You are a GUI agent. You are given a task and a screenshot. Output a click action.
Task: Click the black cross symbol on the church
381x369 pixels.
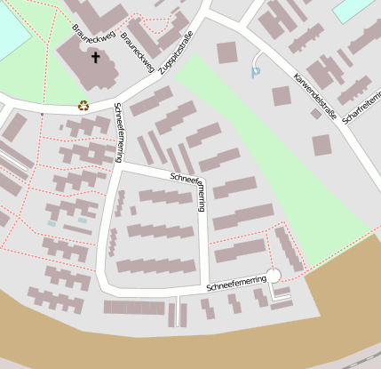coord(96,58)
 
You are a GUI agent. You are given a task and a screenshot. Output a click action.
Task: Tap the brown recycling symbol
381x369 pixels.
coord(83,105)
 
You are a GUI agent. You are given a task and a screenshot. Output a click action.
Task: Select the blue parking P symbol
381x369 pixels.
coord(257,72)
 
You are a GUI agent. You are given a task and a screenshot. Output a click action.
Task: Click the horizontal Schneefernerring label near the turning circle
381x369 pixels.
coord(236,285)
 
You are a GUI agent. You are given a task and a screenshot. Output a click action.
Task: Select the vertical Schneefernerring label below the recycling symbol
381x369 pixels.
coord(118,133)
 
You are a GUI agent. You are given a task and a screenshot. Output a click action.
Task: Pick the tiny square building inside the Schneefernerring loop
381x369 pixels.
coord(133,211)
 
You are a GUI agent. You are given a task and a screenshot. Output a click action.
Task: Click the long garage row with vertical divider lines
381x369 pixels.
coord(134,308)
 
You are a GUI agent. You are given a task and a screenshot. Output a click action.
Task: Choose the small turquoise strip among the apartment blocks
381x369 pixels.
coord(83,220)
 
